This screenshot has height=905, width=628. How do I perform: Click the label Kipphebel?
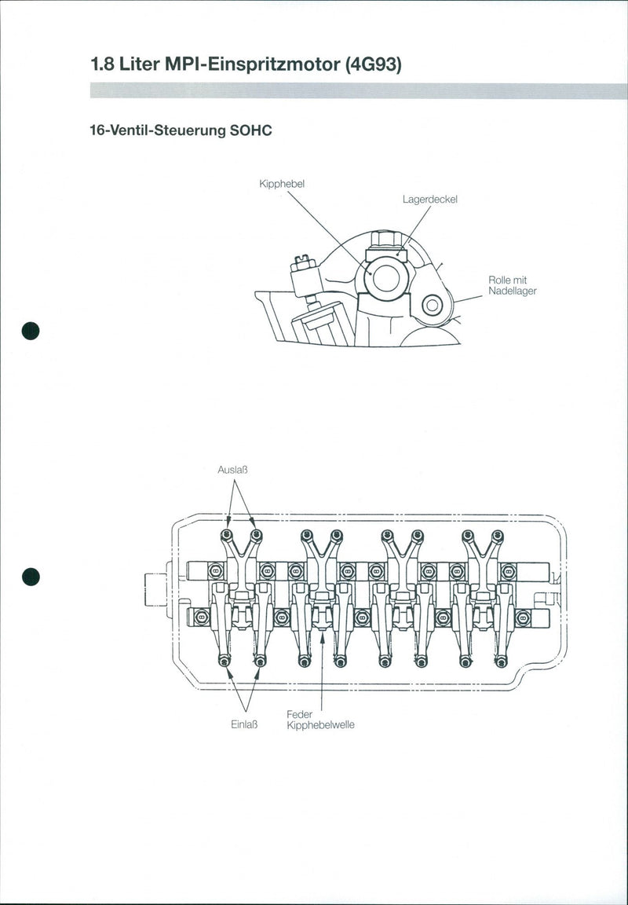[281, 184]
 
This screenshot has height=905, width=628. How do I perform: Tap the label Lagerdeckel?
[429, 200]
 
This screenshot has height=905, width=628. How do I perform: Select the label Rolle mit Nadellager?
[512, 285]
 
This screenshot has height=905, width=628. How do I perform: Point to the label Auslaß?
[233, 470]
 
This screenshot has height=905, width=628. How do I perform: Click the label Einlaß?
[245, 724]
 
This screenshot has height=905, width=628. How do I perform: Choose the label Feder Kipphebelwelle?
[320, 720]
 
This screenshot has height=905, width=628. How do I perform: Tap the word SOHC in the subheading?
[250, 130]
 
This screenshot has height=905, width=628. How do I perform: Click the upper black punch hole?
[31, 330]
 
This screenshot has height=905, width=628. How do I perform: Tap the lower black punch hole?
[31, 577]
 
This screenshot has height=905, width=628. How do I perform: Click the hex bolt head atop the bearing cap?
[385, 239]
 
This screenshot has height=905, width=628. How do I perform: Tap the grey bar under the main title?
[359, 91]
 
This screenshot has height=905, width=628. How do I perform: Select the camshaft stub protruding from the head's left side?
[155, 590]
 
